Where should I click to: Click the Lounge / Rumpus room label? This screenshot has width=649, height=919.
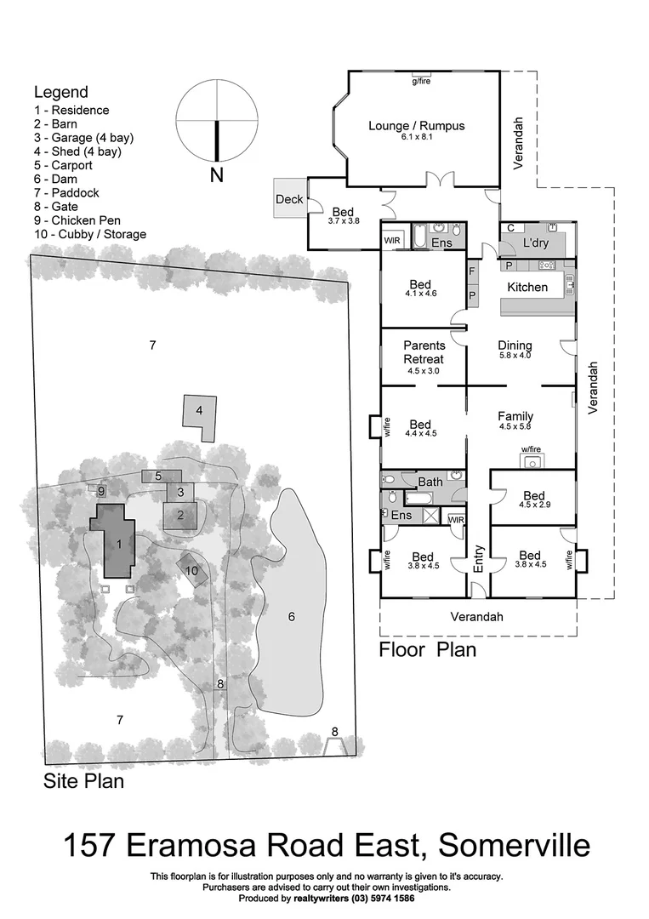tap(417, 126)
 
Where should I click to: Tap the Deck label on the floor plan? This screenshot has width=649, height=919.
tap(289, 199)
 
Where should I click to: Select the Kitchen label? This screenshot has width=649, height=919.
tap(527, 287)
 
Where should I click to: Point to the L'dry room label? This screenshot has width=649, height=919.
tap(536, 243)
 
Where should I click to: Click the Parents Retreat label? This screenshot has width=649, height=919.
tap(424, 352)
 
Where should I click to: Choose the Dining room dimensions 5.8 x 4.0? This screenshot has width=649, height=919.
tap(514, 356)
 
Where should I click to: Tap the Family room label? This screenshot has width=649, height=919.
tap(515, 416)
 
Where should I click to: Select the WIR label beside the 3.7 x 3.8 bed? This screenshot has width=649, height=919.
tap(392, 241)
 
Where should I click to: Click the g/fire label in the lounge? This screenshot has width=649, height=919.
tap(420, 81)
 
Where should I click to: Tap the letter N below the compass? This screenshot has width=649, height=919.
tap(216, 176)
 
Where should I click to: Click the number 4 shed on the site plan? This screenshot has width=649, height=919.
tap(199, 410)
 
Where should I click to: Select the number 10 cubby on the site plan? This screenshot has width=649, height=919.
tap(191, 571)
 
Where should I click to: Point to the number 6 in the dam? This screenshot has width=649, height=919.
tap(291, 616)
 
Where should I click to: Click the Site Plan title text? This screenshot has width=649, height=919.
tap(83, 780)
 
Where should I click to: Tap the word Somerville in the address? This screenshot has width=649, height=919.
tap(514, 845)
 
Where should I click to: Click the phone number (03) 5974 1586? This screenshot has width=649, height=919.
tap(384, 899)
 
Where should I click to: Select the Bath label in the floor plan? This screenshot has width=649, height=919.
tap(430, 482)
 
